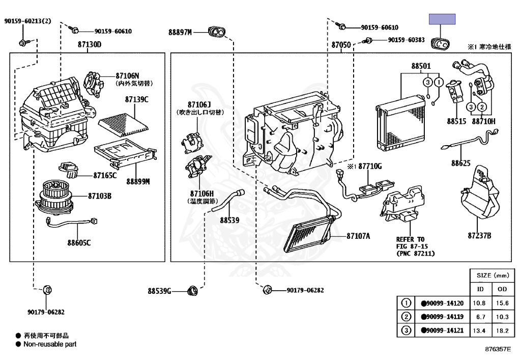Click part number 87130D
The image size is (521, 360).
(x=90, y=45)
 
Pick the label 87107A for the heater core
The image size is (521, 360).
(x=358, y=236)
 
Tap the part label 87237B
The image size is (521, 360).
(x=479, y=235)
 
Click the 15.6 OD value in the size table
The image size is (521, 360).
(x=502, y=303)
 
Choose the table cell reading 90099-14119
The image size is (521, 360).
(x=442, y=317)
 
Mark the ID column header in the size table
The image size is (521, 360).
(x=480, y=289)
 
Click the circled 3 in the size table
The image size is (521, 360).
(x=406, y=330)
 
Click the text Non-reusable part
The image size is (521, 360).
(x=50, y=344)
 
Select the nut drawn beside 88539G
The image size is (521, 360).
(x=192, y=291)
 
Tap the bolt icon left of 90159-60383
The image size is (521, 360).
(x=366, y=40)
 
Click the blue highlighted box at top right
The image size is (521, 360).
(x=442, y=20)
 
